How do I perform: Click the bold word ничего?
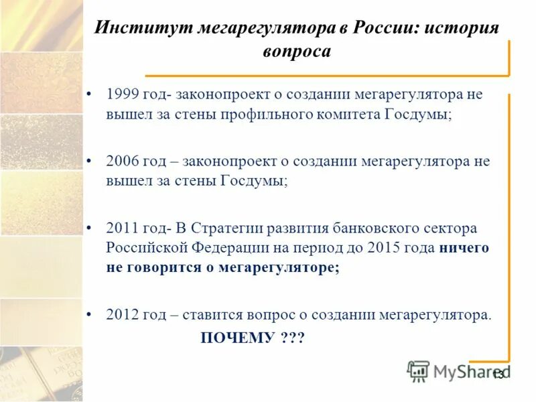pyautogui.click(x=464, y=247)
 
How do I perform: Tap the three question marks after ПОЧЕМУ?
pyautogui.click(x=289, y=338)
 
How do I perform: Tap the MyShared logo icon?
pyautogui.click(x=419, y=371)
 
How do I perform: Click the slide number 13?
pyautogui.click(x=498, y=374)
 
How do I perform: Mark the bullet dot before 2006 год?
pyautogui.click(x=90, y=162)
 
